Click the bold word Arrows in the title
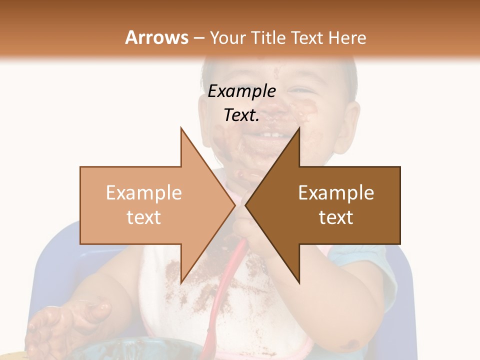click(156, 37)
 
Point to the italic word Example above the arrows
click(241, 91)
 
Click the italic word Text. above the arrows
click(241, 115)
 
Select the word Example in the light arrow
click(143, 193)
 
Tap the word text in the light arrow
click(143, 217)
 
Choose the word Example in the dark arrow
click(336, 193)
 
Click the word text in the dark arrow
click(336, 217)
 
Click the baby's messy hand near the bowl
click(75, 320)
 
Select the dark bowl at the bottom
click(125, 350)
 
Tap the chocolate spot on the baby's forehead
click(275, 72)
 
